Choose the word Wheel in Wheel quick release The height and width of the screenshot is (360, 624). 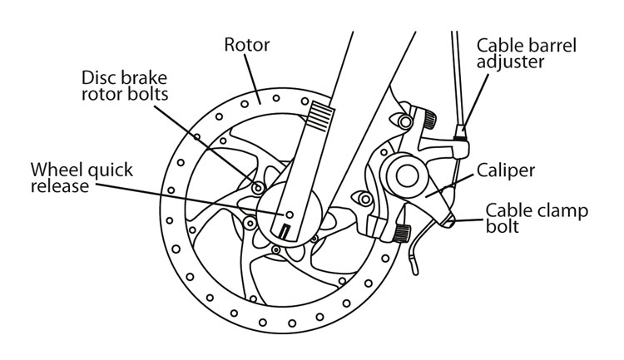pos(53,170)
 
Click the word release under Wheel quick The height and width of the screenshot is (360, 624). pos(58,186)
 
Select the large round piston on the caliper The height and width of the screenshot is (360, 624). pos(407,175)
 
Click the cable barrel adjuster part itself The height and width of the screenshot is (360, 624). pos(462,133)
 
